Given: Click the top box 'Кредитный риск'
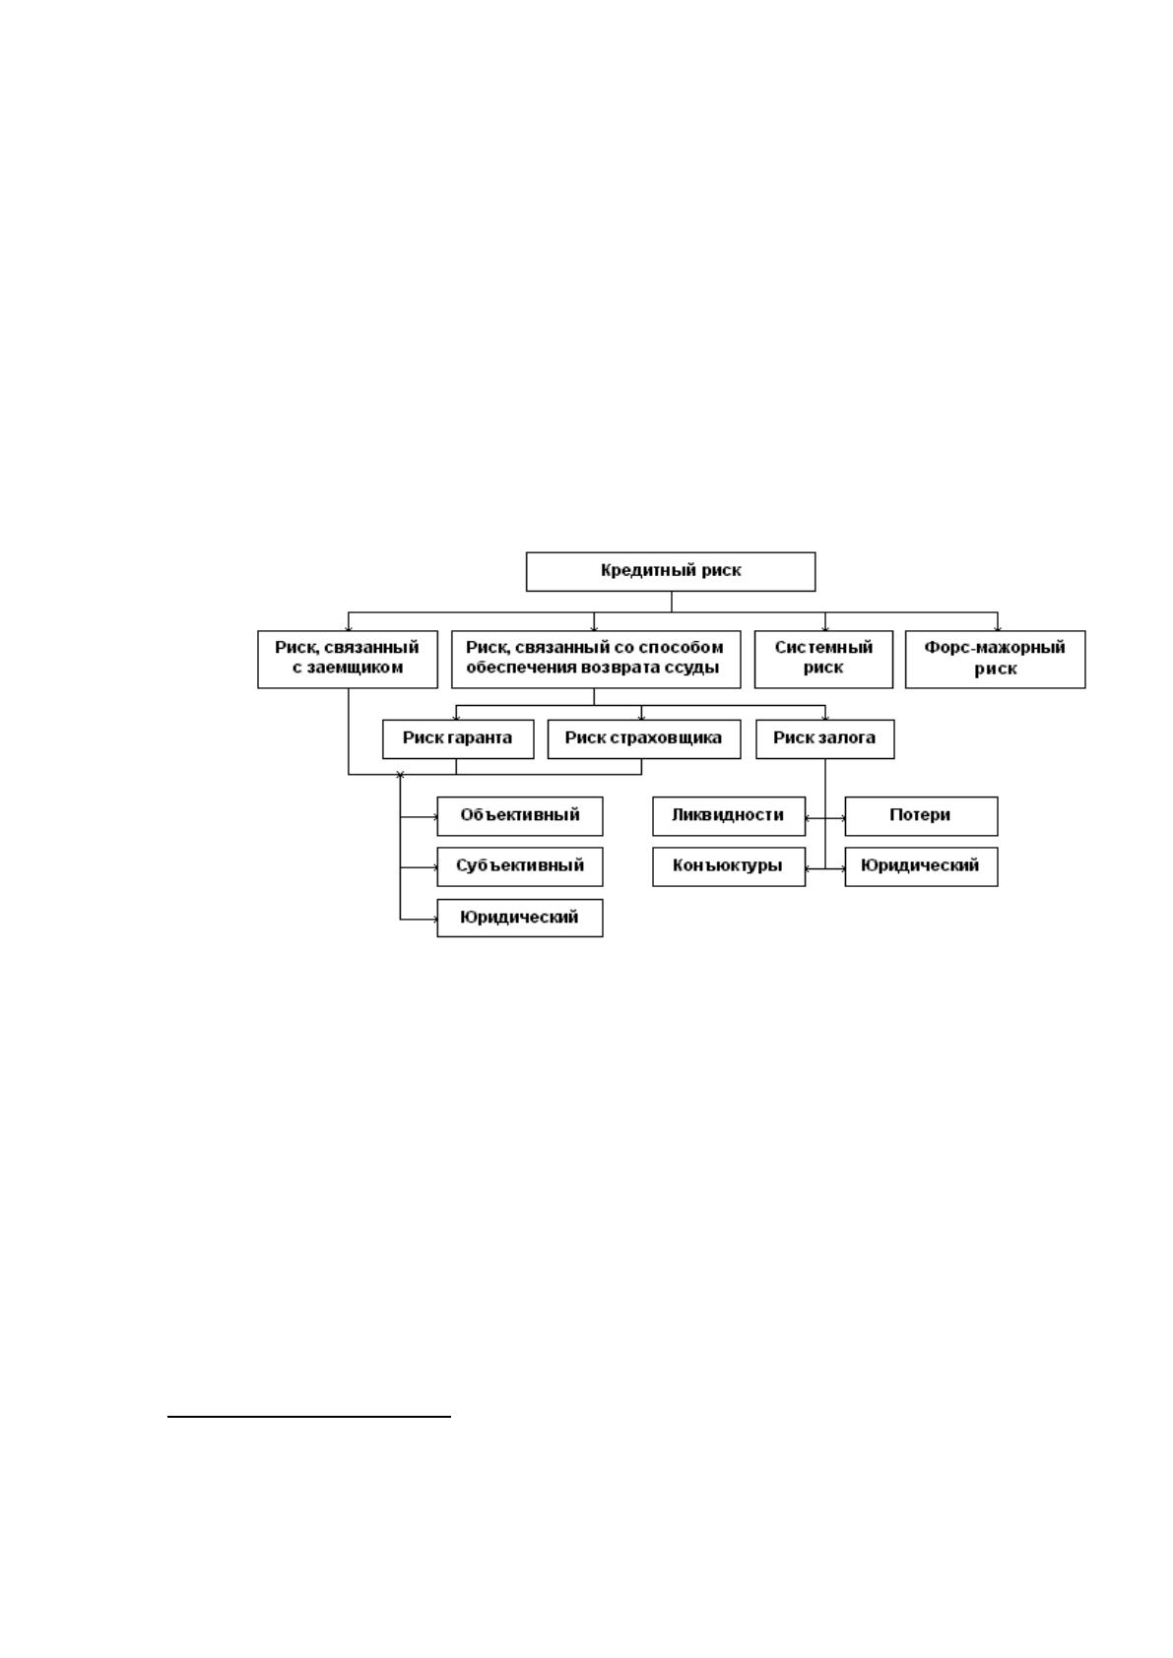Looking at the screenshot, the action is pos(670,571).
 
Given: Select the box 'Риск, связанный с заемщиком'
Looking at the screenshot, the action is pos(348,660).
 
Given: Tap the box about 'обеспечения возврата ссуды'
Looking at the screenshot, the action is pos(596,660).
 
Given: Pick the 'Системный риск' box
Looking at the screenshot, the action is pos(823,660).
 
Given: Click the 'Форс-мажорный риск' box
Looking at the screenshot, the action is pos(996,660).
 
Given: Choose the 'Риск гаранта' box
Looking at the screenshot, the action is pos(458,738).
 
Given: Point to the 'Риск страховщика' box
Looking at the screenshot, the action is pos(643,738).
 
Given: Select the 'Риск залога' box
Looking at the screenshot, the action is pos(825,738).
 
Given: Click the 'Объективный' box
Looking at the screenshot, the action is pos(520,815).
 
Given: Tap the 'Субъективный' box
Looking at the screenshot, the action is pos(520,866).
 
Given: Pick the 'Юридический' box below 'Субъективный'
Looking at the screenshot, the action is pos(520,918).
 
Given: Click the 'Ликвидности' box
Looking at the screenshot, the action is pos(729,815).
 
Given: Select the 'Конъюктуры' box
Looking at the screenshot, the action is pos(729,866).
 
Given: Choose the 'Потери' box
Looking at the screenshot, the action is pos(921,815).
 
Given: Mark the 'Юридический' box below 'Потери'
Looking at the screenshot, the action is pos(921,866).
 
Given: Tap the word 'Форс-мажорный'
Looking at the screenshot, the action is pos(995,648).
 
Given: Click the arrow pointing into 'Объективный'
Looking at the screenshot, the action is pos(420,817).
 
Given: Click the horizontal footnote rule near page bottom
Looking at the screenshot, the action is pos(309,1416).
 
